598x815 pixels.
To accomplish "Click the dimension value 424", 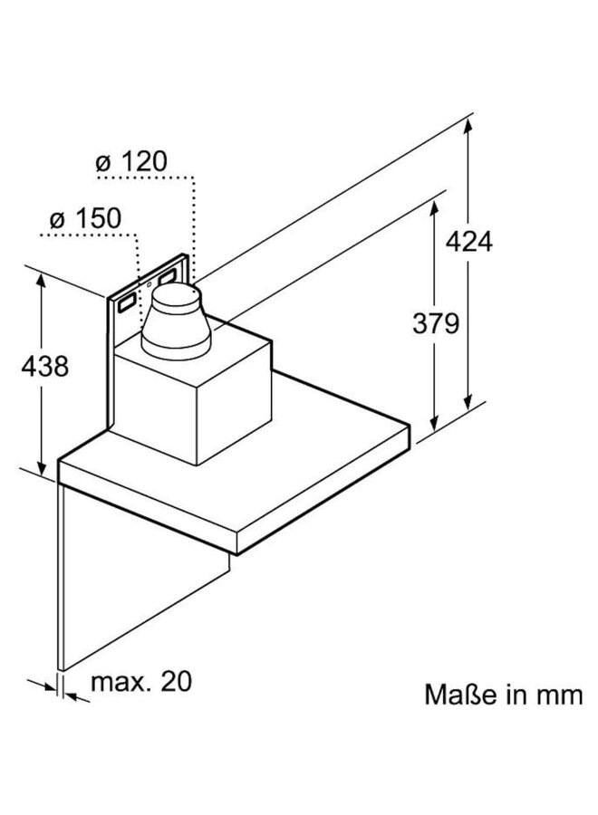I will (469, 242).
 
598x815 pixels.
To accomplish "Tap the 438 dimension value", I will (43, 367).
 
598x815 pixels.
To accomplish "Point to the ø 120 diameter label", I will (130, 163).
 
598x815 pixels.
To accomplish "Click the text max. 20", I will (141, 681).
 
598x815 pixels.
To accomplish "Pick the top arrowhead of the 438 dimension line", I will (43, 279).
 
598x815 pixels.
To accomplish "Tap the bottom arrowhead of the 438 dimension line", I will (43, 468).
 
